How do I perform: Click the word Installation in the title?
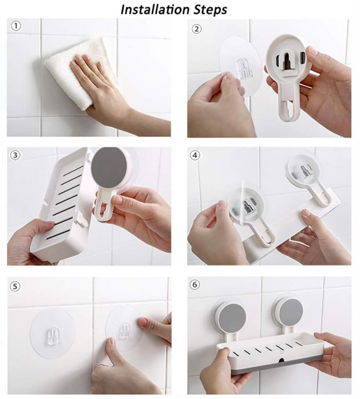click(155, 10)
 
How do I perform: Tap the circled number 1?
click(16, 26)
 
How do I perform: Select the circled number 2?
click(196, 29)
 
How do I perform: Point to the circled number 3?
click(15, 155)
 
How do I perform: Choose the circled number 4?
click(195, 155)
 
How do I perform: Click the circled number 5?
click(15, 286)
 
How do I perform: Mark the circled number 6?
click(195, 284)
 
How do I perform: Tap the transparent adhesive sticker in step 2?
click(240, 66)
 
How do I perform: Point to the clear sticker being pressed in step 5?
click(124, 328)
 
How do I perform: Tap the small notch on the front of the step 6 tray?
click(281, 360)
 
